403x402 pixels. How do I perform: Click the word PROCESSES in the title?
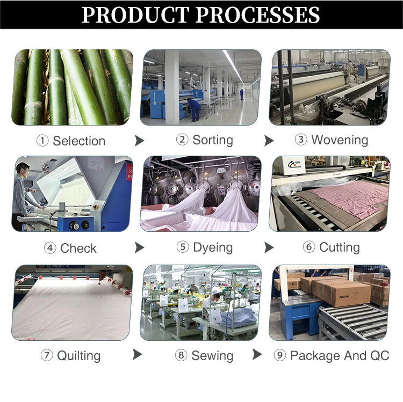(x=256, y=14)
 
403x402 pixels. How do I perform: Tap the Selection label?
(x=78, y=141)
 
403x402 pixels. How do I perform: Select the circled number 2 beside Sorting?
(x=182, y=140)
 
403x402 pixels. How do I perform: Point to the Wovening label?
(x=339, y=140)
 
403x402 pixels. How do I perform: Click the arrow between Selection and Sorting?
(x=140, y=141)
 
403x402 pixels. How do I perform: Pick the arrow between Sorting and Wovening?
(x=269, y=141)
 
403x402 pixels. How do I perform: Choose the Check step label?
(x=78, y=248)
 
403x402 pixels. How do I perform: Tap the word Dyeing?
(x=213, y=248)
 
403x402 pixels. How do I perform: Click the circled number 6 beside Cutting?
(x=309, y=247)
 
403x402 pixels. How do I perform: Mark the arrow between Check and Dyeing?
(x=140, y=247)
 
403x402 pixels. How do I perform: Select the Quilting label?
(x=78, y=356)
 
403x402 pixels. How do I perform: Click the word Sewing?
(x=212, y=356)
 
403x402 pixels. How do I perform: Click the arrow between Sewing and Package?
(x=257, y=355)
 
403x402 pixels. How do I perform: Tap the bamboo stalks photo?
(x=72, y=87)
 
